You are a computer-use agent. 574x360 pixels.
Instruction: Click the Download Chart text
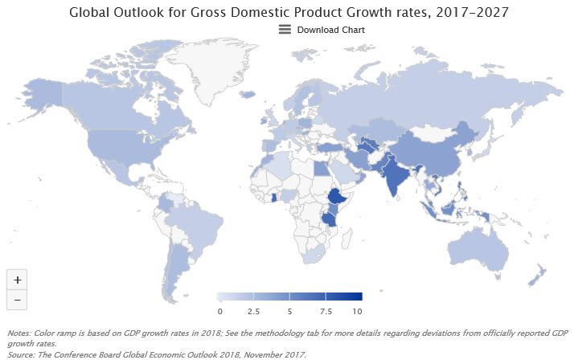pyautogui.click(x=330, y=30)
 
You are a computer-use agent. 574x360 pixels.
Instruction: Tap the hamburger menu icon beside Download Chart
pyautogui.click(x=285, y=30)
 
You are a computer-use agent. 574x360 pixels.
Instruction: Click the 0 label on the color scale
pyautogui.click(x=219, y=310)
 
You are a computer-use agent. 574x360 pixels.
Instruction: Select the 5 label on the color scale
pyautogui.click(x=289, y=310)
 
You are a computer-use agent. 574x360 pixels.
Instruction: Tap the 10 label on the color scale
pyautogui.click(x=357, y=310)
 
